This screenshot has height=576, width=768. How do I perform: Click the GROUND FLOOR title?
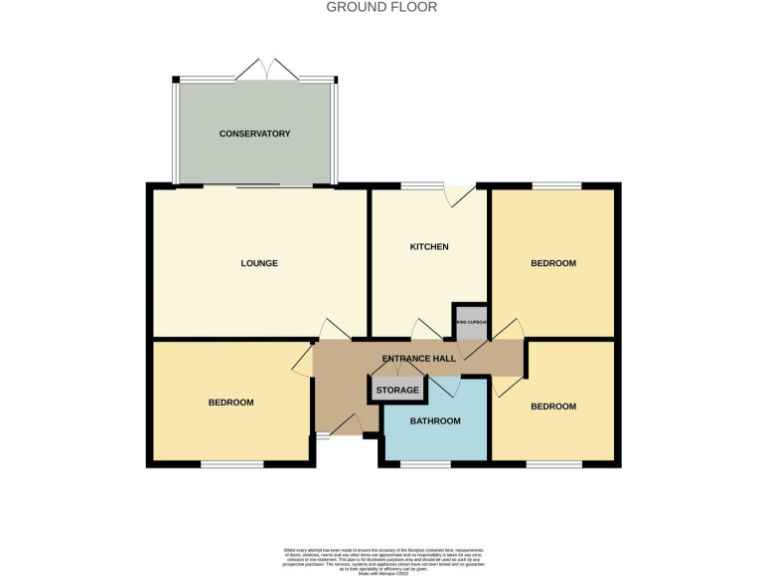[x=382, y=7]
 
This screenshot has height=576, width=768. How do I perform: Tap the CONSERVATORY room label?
[x=255, y=133]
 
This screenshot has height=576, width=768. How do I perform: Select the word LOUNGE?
[x=259, y=264]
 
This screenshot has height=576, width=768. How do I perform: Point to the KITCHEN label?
[x=429, y=247]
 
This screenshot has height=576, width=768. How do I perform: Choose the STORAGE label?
[x=398, y=390]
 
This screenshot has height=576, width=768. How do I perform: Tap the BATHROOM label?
[x=435, y=421]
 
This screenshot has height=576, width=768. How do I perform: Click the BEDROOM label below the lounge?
[x=231, y=402]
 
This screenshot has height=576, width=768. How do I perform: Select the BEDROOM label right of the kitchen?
[x=553, y=263]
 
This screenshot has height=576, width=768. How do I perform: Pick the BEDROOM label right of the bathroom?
[x=553, y=406]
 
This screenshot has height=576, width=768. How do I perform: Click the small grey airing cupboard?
[x=470, y=321]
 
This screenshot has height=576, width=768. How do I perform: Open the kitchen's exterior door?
[x=460, y=195]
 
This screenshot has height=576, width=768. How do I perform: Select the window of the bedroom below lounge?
[x=231, y=463]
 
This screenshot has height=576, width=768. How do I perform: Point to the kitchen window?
[x=422, y=185]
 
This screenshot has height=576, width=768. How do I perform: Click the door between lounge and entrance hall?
[x=332, y=329]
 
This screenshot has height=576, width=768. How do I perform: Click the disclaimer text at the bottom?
[x=383, y=559]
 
